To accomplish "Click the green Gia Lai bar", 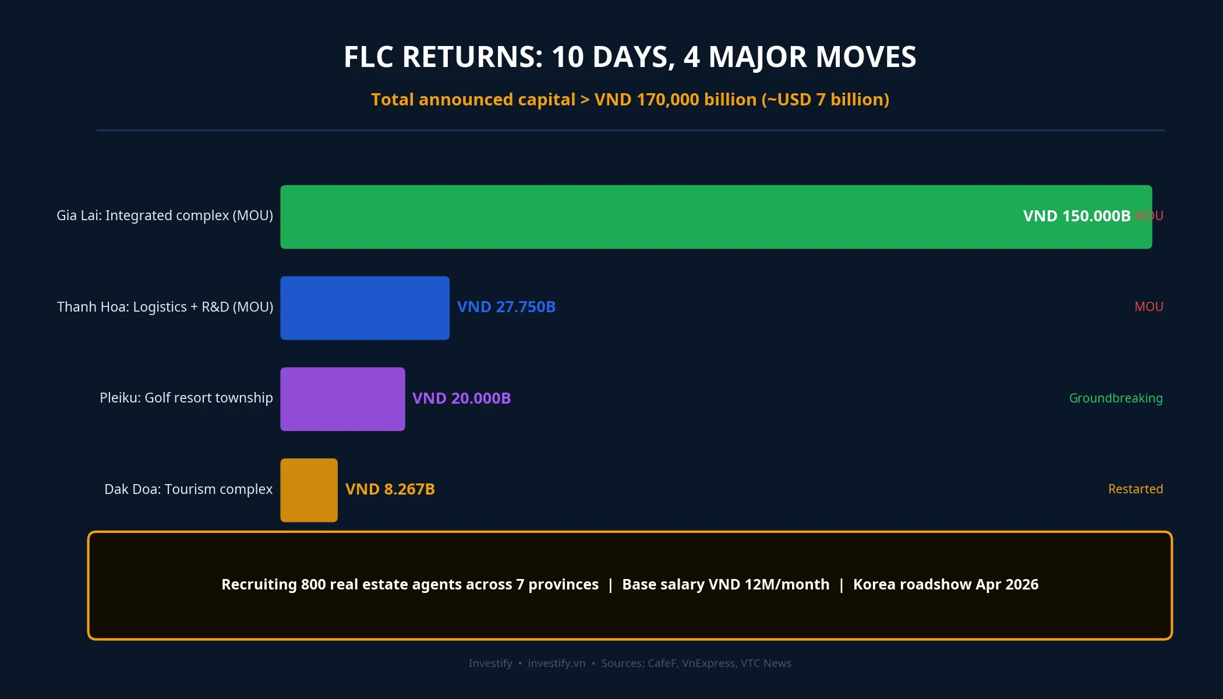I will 641,217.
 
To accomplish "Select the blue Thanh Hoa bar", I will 365,308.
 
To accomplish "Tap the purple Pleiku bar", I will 342,399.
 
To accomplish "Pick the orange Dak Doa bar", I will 309,490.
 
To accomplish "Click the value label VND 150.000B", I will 1076,216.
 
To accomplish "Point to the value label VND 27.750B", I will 506,307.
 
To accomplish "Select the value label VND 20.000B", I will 461,398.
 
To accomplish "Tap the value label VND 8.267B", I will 390,489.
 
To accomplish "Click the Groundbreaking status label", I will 1115,398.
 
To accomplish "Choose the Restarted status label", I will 1135,489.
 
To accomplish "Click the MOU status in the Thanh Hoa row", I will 1148,307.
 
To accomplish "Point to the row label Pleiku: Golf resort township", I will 186,398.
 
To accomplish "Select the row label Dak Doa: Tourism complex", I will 188,489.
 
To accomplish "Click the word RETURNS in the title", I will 472,57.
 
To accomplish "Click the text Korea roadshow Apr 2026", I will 945,584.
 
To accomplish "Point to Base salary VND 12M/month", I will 726,584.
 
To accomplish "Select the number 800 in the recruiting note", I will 313,584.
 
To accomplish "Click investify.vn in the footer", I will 556,663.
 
